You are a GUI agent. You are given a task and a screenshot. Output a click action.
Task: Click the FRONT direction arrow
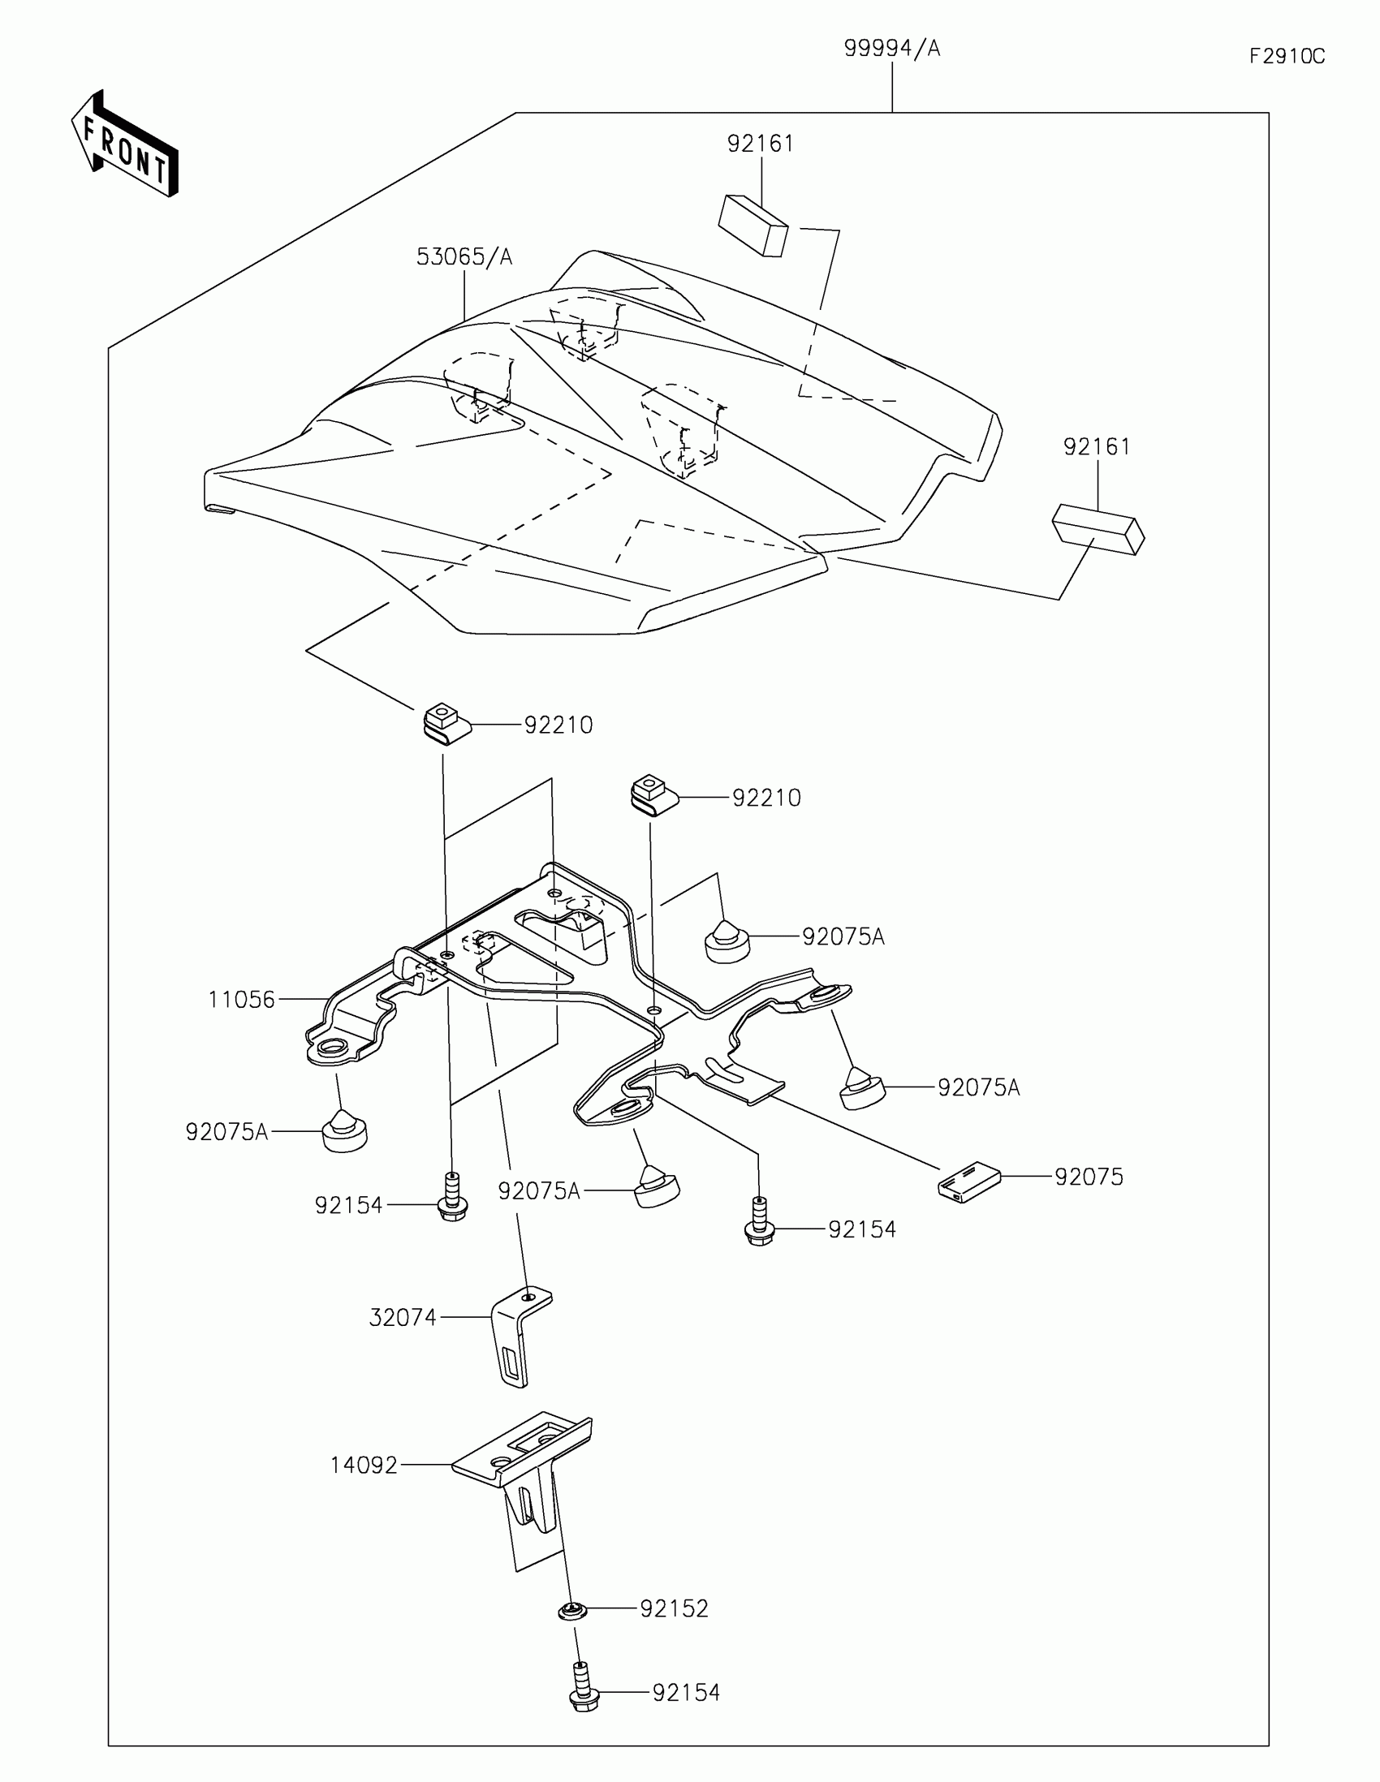[124, 144]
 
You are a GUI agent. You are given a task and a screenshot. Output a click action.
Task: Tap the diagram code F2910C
[1287, 56]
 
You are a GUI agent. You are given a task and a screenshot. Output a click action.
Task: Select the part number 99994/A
[892, 49]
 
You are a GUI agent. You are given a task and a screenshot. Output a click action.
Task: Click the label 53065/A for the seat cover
[464, 257]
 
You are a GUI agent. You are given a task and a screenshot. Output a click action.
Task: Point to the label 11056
[242, 1000]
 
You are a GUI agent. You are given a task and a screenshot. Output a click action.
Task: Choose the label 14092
[363, 1466]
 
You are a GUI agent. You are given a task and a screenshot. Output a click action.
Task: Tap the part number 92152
[674, 1609]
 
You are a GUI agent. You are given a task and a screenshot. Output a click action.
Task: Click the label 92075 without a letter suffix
[1089, 1177]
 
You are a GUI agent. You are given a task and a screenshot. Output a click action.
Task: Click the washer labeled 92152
[573, 1611]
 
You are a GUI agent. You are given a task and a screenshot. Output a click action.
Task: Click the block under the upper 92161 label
[753, 224]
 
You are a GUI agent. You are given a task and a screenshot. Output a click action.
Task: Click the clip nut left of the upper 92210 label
[445, 725]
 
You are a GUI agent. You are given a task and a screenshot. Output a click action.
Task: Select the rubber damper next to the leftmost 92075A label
[344, 1133]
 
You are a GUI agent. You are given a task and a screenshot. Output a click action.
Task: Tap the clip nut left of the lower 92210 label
[653, 796]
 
